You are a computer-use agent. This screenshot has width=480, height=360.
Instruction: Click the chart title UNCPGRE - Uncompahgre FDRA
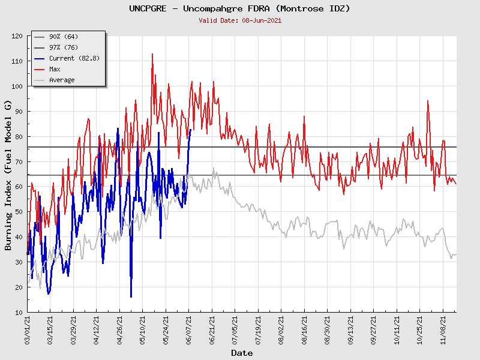[x=239, y=9]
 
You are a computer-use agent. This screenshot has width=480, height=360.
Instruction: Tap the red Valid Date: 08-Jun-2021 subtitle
[x=239, y=20]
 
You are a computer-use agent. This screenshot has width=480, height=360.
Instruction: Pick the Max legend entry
[x=55, y=69]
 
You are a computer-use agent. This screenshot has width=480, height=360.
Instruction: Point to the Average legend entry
[x=62, y=80]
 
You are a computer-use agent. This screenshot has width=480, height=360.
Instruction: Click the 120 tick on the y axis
[x=16, y=36]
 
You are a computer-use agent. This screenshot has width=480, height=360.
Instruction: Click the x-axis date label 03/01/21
[x=28, y=330]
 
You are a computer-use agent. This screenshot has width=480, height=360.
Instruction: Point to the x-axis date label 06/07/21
[x=189, y=330]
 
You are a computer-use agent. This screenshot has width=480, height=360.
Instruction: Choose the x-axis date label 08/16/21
[x=304, y=330]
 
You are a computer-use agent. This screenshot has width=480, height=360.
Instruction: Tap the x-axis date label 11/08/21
[x=443, y=330]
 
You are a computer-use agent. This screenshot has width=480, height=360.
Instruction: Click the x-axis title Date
[x=241, y=353]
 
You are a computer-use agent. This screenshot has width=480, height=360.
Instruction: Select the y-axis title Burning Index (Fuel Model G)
[x=8, y=175]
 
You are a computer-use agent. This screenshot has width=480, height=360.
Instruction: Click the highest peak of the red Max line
[x=152, y=54]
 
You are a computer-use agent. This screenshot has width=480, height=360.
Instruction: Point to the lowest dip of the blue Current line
[x=131, y=296]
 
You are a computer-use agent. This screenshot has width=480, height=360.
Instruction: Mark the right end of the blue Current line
[x=191, y=130]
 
